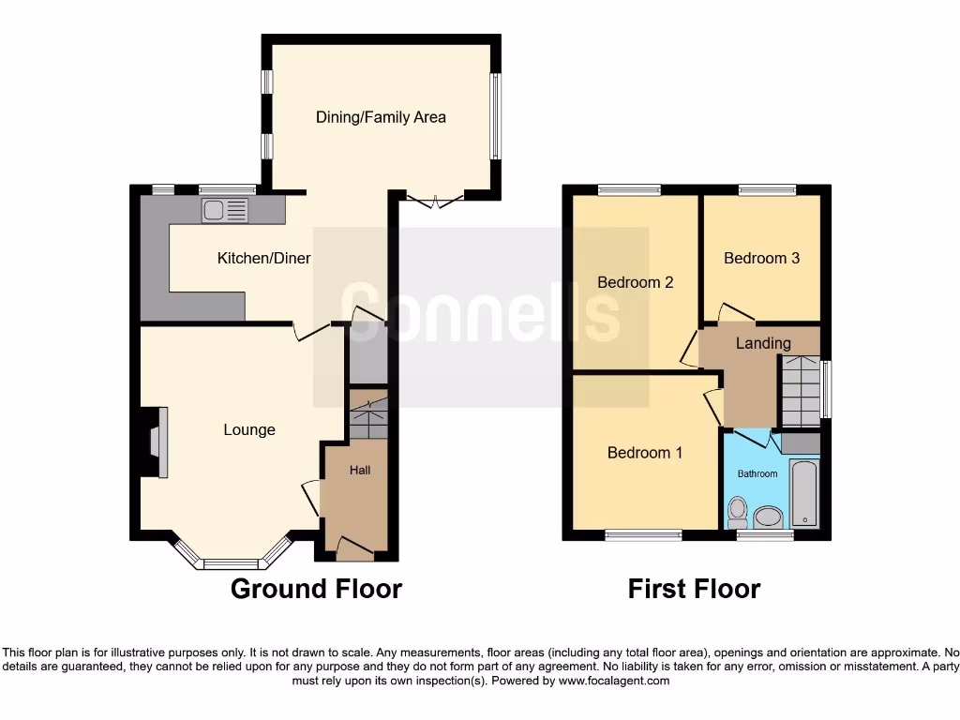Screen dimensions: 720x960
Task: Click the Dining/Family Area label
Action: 381,117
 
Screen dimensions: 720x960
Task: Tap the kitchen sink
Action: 224,211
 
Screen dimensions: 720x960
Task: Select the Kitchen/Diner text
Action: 263,258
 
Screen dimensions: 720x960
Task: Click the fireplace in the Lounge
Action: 156,443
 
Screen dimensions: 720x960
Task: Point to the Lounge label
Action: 249,429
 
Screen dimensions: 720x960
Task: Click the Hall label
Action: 360,469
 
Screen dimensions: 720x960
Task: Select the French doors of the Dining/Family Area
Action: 435,199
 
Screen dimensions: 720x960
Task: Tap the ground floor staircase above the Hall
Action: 368,418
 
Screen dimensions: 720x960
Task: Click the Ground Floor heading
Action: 316,589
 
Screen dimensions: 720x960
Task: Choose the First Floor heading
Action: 694,589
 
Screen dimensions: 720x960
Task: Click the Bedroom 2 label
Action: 636,281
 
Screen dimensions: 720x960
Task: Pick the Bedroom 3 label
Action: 761,258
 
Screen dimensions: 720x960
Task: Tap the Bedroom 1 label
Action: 645,453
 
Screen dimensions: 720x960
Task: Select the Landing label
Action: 762,343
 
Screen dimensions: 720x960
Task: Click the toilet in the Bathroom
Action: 738,512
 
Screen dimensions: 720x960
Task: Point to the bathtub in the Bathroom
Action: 804,493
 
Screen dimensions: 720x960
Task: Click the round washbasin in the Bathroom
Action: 770,517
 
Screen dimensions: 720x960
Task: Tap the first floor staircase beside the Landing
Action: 800,389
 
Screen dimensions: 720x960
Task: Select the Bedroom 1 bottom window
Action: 643,535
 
